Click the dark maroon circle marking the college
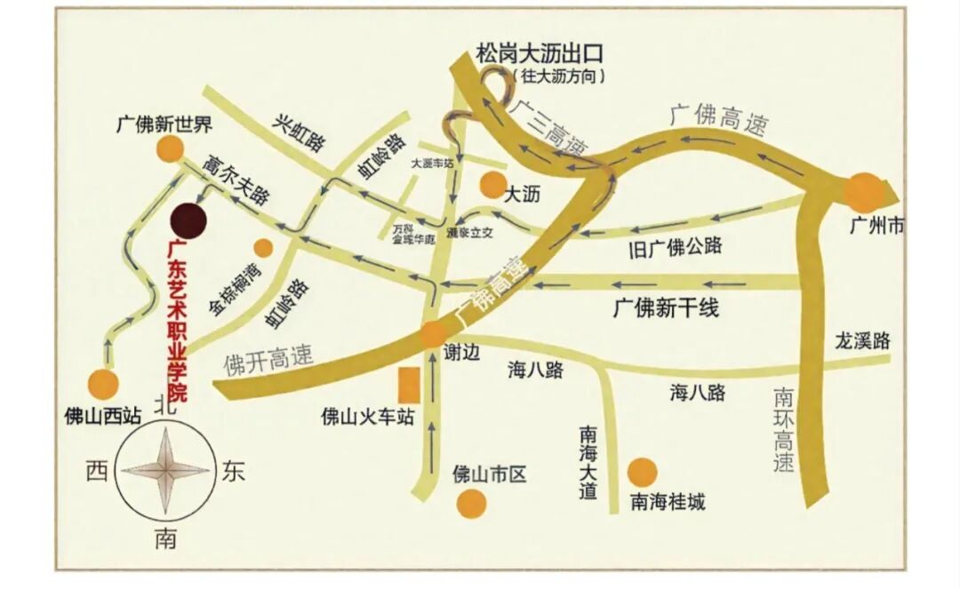click(x=188, y=219)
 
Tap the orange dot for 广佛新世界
click(x=165, y=150)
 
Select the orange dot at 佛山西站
click(x=103, y=386)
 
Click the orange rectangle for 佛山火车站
click(x=409, y=385)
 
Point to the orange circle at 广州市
click(x=862, y=192)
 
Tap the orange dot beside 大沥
click(x=492, y=185)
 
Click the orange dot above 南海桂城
click(x=642, y=473)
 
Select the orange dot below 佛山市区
click(x=471, y=504)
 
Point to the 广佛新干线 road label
click(x=665, y=309)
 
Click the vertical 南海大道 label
click(x=588, y=463)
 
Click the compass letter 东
click(x=233, y=471)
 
